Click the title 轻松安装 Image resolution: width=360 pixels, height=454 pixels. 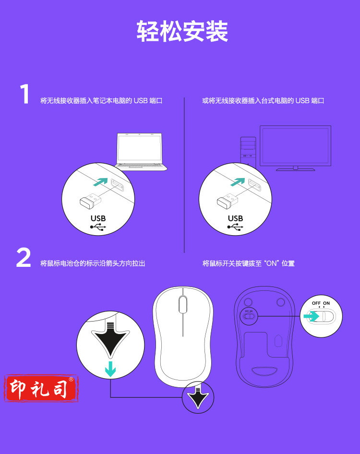[x=182, y=31]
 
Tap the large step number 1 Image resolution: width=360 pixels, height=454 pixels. [x=25, y=94]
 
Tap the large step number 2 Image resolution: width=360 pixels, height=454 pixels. [x=24, y=257]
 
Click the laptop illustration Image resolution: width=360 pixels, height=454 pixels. [x=141, y=152]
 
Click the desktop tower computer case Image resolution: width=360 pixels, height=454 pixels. [x=248, y=151]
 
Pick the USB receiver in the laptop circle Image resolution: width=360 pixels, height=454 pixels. [x=90, y=201]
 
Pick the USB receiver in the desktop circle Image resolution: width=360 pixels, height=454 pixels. [x=228, y=201]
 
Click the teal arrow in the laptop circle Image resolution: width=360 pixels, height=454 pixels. [x=100, y=182]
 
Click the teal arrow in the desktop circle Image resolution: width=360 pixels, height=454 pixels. [x=238, y=182]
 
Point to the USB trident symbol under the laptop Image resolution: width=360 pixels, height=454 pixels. [x=98, y=227]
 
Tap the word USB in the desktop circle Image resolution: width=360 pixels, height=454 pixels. [x=235, y=218]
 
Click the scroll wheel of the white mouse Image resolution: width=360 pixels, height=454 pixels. [x=183, y=304]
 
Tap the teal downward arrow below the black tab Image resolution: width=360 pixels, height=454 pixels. [x=110, y=369]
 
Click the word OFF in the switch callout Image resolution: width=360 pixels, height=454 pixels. [x=316, y=303]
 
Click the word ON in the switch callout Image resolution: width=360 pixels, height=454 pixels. [x=326, y=303]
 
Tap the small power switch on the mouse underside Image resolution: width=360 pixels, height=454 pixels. [x=249, y=316]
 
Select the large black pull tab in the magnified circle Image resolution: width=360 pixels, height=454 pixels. [x=110, y=341]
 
